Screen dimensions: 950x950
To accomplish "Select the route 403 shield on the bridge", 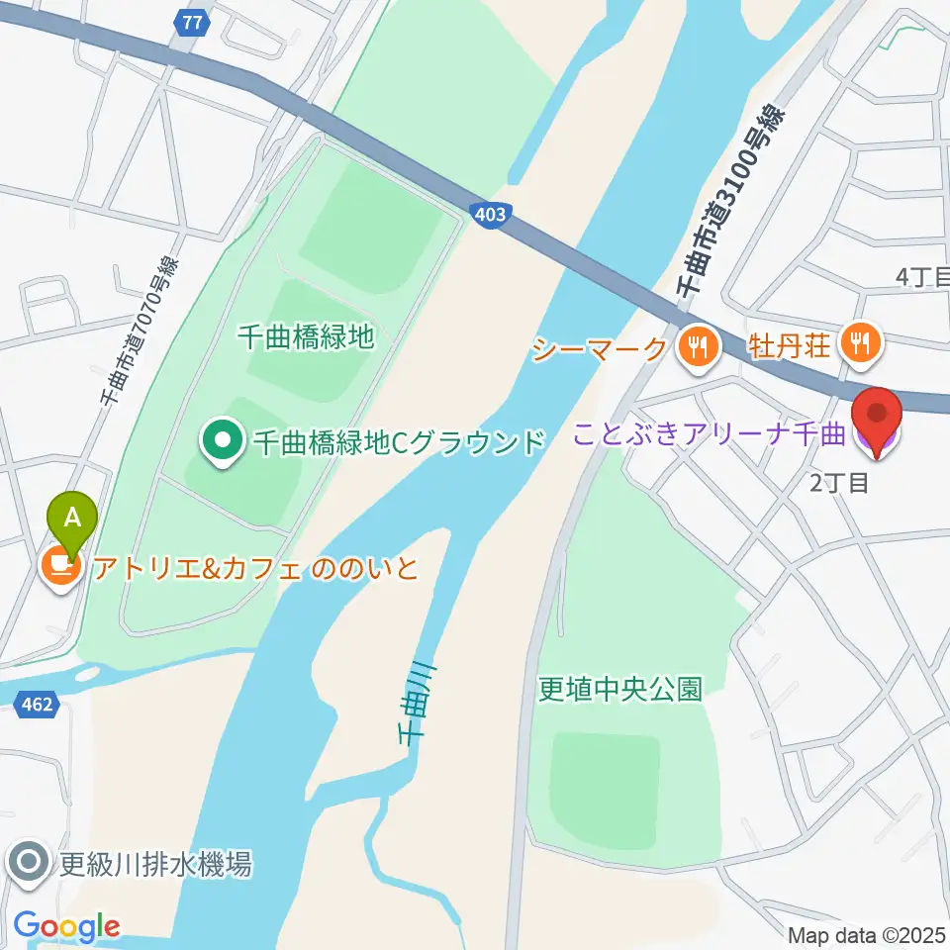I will (495, 214).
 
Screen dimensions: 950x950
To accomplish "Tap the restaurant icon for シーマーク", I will (698, 346).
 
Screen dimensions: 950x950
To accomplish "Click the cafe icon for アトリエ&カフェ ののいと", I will (61, 566).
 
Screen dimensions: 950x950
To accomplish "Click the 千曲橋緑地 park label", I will (307, 337).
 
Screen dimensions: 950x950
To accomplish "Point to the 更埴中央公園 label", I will (619, 689).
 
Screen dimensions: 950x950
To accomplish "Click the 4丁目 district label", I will (921, 278).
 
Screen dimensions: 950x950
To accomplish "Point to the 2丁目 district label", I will (839, 483).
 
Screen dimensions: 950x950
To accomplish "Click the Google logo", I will (66, 927).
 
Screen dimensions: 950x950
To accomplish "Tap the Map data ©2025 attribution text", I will (867, 935).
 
